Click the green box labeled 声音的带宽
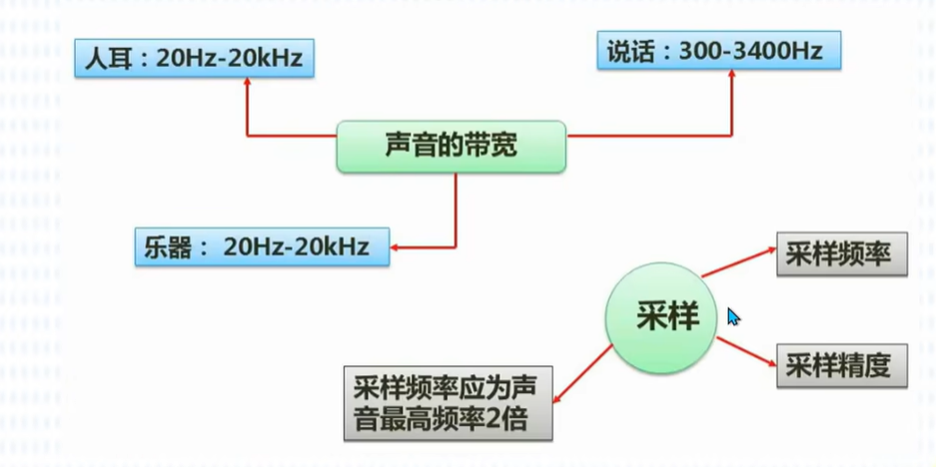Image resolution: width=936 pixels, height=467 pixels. pyautogui.click(x=451, y=147)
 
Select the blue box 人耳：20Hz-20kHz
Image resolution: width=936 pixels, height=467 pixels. pyautogui.click(x=195, y=59)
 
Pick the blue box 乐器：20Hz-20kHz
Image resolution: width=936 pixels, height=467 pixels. pyautogui.click(x=262, y=246)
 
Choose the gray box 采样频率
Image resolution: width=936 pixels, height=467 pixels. pyautogui.click(x=842, y=253)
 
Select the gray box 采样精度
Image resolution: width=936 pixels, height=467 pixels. pyautogui.click(x=842, y=365)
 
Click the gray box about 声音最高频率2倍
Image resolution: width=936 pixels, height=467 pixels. pyautogui.click(x=449, y=402)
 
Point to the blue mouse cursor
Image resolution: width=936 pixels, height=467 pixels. pyautogui.click(x=732, y=316)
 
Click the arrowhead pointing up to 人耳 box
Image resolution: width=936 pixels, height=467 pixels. pyautogui.click(x=247, y=86)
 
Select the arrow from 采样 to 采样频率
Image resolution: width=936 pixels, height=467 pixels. pyautogui.click(x=738, y=261)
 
